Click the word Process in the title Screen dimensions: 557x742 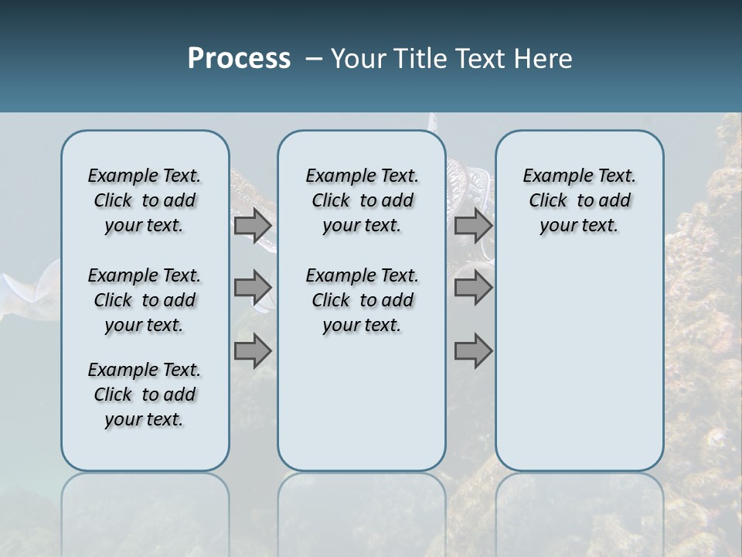point(239,58)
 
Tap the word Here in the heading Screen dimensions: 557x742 point(543,58)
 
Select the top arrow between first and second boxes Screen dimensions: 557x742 point(253,226)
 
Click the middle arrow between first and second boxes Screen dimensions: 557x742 point(253,288)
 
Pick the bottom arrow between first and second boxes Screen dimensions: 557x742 point(253,351)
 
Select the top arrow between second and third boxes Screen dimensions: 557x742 point(473,226)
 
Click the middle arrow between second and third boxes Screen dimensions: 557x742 point(473,288)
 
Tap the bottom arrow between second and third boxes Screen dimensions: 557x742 point(473,351)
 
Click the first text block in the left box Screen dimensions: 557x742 point(145,200)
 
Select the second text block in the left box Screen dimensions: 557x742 point(145,300)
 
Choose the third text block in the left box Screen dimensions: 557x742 point(145,395)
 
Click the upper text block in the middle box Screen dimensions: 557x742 point(362,200)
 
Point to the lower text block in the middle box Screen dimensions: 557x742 point(362,300)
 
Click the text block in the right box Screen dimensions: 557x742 point(579,200)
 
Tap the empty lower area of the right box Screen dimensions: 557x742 point(579,364)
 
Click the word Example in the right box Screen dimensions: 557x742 point(552,176)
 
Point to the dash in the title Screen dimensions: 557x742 point(314,58)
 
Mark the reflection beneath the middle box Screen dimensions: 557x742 point(362,511)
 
